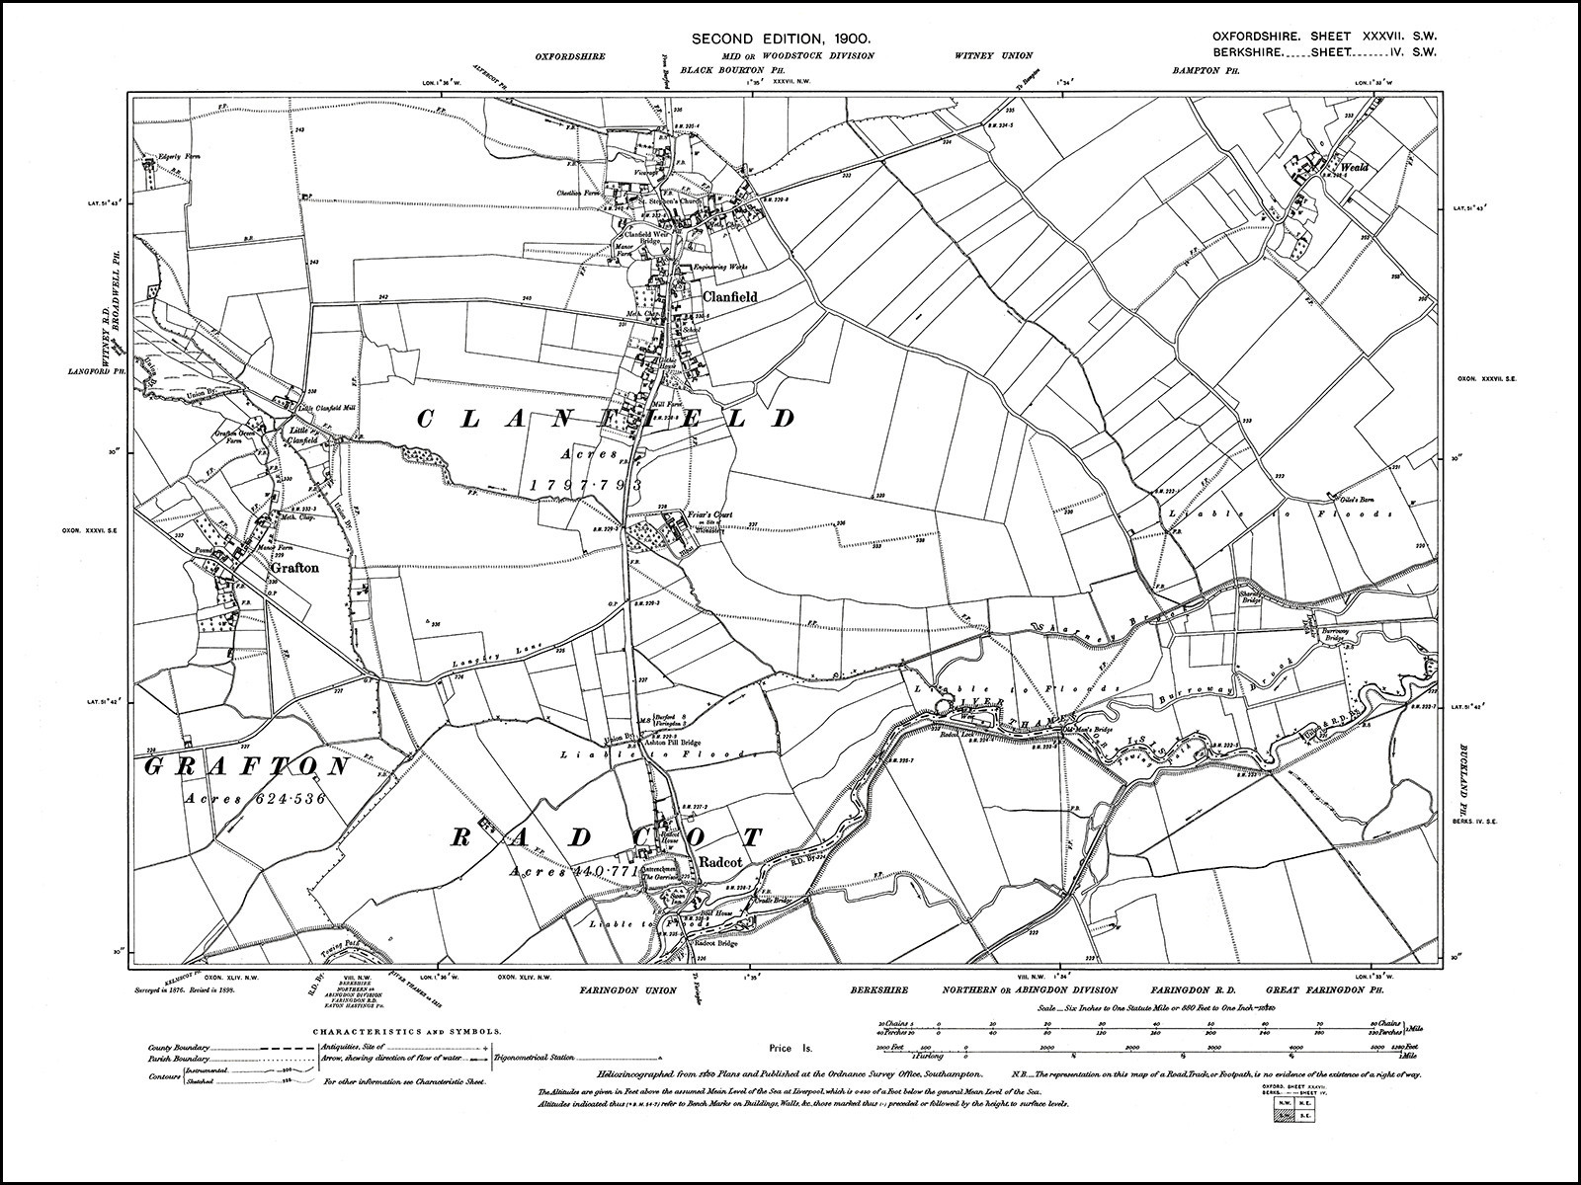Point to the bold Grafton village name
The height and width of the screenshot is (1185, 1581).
tap(293, 568)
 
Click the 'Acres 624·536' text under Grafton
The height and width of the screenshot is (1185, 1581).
tap(255, 798)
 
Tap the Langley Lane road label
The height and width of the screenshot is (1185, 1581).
tap(484, 655)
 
